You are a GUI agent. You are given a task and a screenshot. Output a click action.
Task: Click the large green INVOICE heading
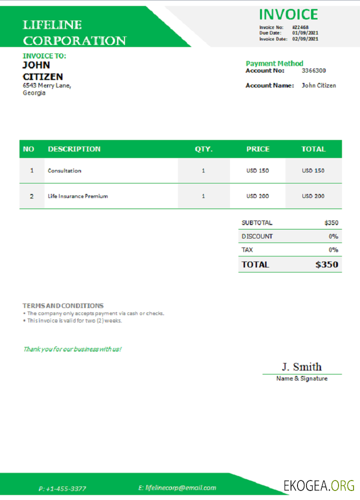click(x=288, y=14)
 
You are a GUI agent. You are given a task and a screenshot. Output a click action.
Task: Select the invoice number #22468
click(x=300, y=27)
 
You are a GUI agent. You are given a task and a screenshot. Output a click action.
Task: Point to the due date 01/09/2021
click(x=305, y=33)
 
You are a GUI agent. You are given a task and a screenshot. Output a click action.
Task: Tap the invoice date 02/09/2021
click(x=305, y=39)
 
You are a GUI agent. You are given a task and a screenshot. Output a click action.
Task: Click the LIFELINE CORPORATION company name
click(x=74, y=33)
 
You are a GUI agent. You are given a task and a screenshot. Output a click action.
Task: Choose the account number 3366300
click(x=313, y=71)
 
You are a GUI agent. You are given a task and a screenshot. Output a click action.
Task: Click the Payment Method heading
click(x=274, y=63)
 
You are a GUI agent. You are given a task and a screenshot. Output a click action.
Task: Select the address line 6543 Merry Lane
click(x=47, y=85)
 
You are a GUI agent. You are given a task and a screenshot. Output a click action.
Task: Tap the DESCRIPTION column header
click(x=74, y=149)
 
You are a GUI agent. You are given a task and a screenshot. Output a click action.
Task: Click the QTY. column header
click(x=203, y=149)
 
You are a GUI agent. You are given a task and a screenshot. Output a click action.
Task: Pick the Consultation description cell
click(x=64, y=170)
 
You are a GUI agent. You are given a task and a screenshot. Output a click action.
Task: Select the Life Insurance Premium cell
click(x=78, y=196)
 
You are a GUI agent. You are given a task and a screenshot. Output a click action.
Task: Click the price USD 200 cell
click(x=257, y=196)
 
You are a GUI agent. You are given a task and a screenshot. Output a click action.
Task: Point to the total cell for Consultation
click(x=313, y=170)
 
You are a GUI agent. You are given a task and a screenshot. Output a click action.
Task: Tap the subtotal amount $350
click(x=331, y=223)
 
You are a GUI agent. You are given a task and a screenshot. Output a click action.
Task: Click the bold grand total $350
click(x=326, y=264)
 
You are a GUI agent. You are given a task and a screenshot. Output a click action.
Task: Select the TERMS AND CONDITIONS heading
click(x=63, y=305)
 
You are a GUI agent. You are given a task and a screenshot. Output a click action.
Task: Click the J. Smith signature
click(x=301, y=366)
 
